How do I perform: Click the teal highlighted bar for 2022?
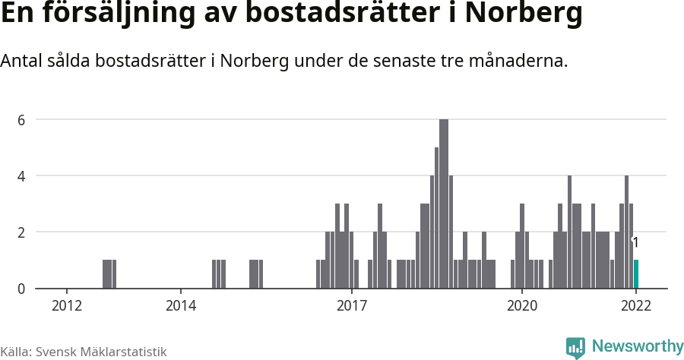tap(636, 274)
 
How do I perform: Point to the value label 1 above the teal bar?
tap(635, 243)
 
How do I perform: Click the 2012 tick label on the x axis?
tap(67, 306)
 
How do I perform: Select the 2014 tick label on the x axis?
tap(180, 306)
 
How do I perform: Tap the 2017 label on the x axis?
tap(351, 306)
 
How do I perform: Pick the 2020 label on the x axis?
tap(522, 306)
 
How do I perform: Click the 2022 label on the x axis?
tap(636, 306)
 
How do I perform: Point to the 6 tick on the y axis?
tap(21, 120)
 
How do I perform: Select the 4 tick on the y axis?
tap(21, 176)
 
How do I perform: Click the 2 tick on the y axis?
tap(21, 232)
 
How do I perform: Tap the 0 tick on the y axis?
tap(21, 289)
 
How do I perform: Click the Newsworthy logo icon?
tap(575, 348)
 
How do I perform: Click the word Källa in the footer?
tap(15, 352)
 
